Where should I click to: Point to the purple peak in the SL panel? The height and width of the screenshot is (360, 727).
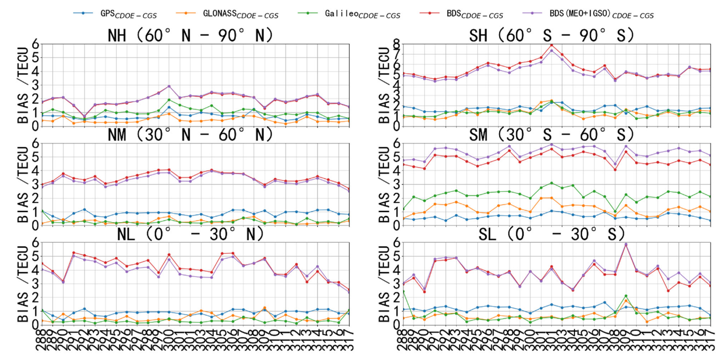point(625,244)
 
